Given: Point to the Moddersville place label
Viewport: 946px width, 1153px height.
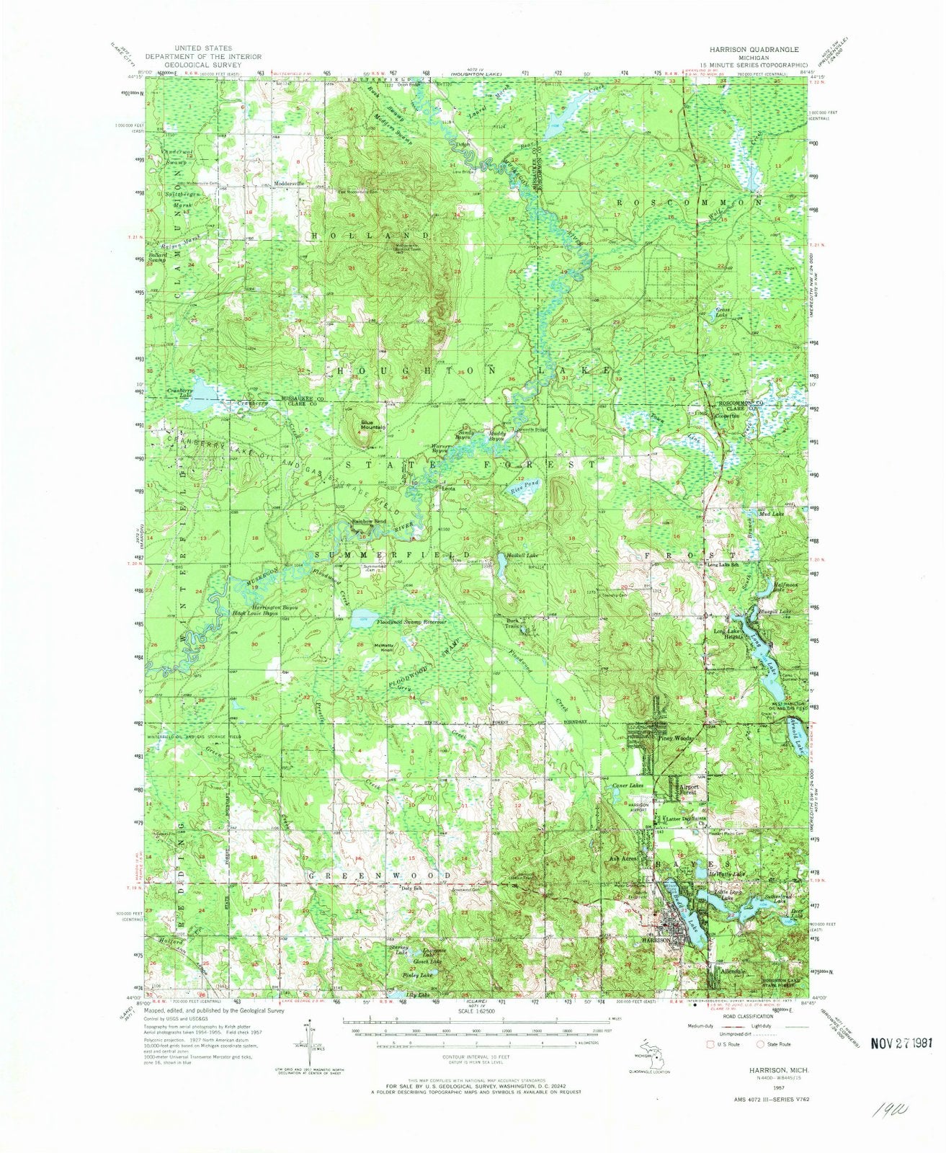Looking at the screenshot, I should click(287, 184).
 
